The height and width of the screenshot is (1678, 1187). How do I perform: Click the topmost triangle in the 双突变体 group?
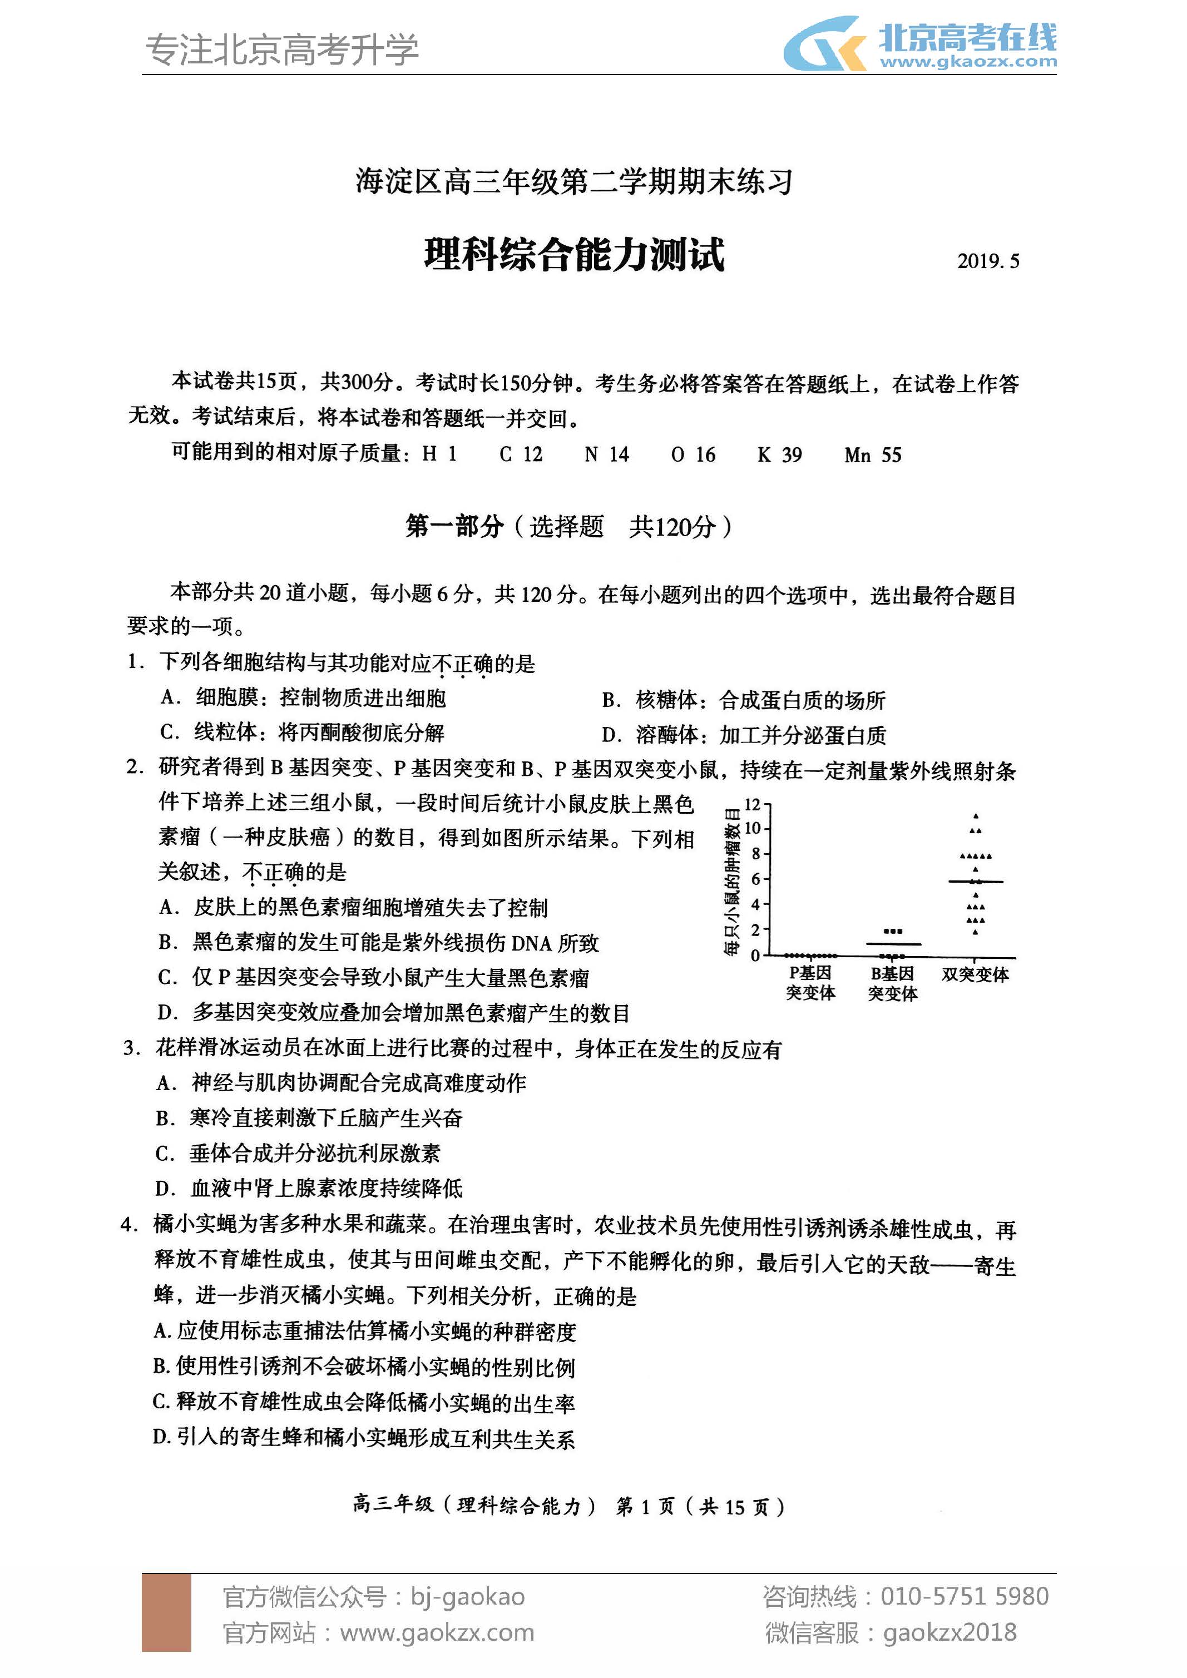pyautogui.click(x=975, y=815)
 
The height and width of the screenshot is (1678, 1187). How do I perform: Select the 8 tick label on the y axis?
pyautogui.click(x=756, y=854)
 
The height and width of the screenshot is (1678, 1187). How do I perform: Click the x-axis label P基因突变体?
pyautogui.click(x=810, y=983)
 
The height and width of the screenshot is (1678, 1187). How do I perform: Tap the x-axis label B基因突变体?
pyautogui.click(x=892, y=983)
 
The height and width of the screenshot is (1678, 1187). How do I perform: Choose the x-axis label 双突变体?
pyautogui.click(x=975, y=974)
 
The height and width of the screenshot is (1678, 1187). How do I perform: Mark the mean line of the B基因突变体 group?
pyautogui.click(x=892, y=944)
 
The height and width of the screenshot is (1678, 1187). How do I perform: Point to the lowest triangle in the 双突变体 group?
pyautogui.click(x=975, y=932)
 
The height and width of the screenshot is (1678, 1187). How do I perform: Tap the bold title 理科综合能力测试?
pyautogui.click(x=575, y=254)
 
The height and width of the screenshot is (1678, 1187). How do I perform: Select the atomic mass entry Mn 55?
pyautogui.click(x=873, y=454)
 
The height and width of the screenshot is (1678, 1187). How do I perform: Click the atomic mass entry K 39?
pyautogui.click(x=779, y=454)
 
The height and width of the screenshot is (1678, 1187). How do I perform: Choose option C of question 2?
pyautogui.click(x=373, y=977)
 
